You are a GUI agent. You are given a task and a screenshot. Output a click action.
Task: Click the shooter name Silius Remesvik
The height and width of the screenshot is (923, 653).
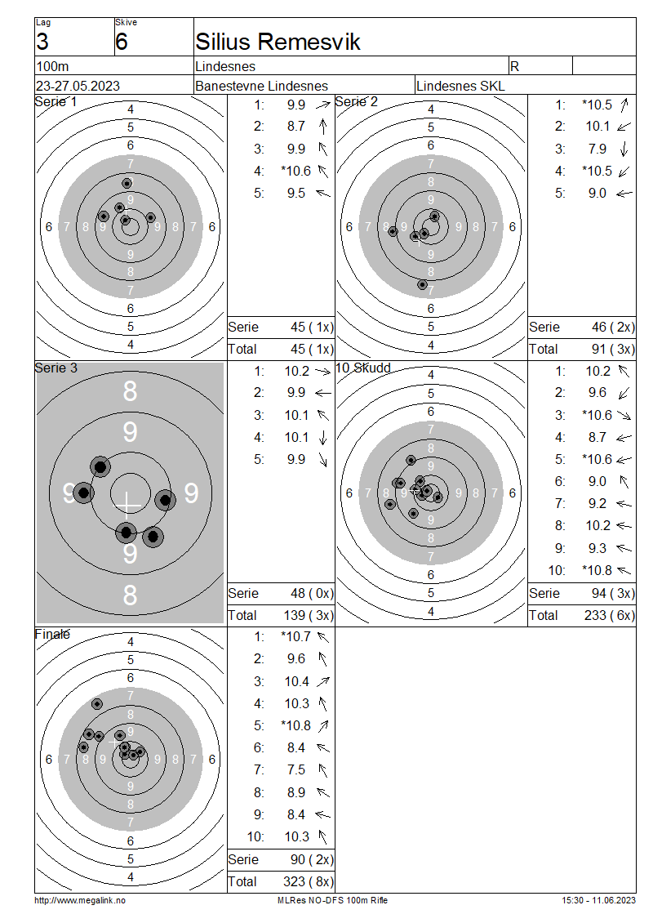278,42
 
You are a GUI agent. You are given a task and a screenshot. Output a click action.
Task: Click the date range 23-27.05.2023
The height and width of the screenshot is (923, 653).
78,86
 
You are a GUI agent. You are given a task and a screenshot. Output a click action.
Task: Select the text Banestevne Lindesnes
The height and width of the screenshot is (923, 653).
261,86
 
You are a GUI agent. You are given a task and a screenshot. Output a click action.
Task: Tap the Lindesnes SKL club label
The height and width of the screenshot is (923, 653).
460,86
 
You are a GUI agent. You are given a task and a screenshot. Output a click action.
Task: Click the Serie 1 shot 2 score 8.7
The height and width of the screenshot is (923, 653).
296,127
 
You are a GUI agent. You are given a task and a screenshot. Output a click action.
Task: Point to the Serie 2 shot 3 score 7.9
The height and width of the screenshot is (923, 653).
597,149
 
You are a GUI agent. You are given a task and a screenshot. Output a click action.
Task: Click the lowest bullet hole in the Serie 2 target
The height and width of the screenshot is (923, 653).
422,285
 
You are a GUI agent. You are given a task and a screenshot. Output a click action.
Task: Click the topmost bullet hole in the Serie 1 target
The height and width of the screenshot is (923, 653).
127,183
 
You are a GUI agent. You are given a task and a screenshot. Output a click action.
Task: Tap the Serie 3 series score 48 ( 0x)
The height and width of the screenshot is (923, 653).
312,593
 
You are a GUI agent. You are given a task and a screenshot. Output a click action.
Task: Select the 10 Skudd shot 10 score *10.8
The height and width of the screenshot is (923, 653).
597,570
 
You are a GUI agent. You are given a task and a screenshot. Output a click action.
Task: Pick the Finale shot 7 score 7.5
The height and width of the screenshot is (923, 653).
296,770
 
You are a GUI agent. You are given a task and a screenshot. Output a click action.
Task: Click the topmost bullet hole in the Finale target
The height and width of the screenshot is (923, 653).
97,704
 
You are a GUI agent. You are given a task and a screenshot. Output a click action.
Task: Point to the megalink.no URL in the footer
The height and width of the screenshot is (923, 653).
80,900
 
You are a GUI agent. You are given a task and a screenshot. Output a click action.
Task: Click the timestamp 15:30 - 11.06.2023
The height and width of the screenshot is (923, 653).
598,900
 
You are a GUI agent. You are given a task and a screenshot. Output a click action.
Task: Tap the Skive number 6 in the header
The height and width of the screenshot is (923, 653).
121,42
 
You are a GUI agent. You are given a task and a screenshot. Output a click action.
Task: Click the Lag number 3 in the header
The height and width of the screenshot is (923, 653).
42,42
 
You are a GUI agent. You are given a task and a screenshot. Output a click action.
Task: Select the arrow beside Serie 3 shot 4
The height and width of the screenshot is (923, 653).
322,437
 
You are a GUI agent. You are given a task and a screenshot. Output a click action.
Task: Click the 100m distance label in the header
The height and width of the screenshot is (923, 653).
53,66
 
